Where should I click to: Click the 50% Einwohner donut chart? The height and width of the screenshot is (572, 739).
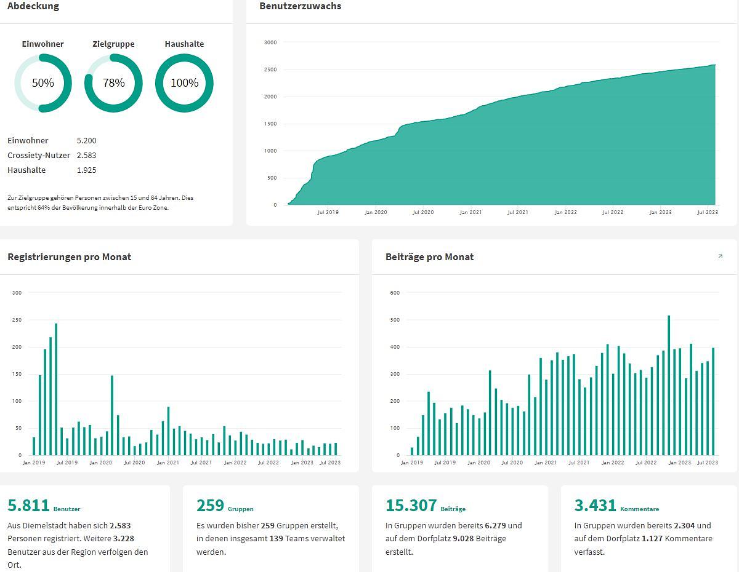click(43, 83)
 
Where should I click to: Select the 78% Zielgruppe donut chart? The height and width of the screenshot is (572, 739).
click(113, 83)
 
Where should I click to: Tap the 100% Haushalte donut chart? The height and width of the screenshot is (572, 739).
click(184, 83)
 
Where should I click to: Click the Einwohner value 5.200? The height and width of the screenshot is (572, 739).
click(87, 141)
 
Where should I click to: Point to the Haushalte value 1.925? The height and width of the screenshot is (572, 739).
click(87, 170)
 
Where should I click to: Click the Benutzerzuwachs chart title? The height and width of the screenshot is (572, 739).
click(300, 6)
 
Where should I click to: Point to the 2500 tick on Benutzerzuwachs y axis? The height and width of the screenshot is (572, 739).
click(270, 70)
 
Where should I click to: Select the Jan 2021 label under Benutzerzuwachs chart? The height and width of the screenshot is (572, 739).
click(470, 212)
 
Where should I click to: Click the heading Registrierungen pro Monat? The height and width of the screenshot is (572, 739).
click(69, 257)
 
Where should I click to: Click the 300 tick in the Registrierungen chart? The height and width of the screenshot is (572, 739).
click(17, 293)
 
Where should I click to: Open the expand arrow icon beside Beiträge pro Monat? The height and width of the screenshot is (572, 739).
click(721, 256)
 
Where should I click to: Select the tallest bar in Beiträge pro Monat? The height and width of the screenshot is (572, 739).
click(669, 385)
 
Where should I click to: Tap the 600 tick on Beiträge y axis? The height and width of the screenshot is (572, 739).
click(395, 293)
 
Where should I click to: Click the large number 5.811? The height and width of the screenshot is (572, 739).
click(28, 506)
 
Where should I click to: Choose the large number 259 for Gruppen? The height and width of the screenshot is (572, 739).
click(210, 506)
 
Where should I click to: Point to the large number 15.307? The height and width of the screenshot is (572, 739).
click(411, 506)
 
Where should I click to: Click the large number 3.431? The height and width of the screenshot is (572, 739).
click(595, 506)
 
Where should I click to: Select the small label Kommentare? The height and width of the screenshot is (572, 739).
click(639, 509)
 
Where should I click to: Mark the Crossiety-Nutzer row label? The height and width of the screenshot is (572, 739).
click(39, 156)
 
